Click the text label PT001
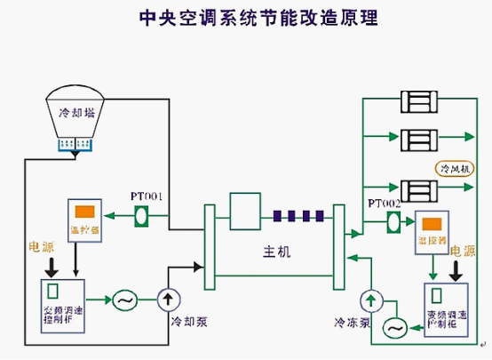point(147,196)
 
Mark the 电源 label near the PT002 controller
point(463,252)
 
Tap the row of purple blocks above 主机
point(298,215)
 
